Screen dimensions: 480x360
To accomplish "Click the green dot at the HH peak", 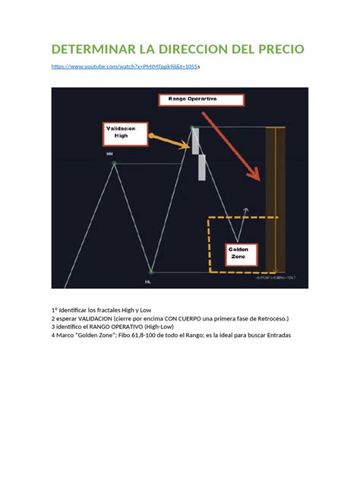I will [x=114, y=163].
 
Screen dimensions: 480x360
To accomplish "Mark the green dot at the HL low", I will [x=151, y=271].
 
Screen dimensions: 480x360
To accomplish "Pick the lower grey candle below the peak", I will [x=202, y=167].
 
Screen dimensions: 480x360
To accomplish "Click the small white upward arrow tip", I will [x=245, y=207].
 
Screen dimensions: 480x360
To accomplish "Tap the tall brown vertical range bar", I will [x=270, y=197].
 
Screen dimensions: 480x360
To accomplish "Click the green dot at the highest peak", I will [x=192, y=127].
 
